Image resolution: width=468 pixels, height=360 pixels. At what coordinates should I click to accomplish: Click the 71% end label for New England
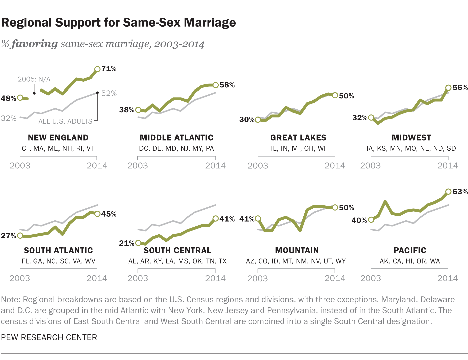[109, 69]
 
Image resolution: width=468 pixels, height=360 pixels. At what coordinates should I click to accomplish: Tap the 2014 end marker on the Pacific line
[448, 192]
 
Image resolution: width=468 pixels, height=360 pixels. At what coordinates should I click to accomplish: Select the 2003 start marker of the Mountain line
[258, 219]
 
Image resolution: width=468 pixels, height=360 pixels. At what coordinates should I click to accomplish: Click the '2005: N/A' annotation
[34, 79]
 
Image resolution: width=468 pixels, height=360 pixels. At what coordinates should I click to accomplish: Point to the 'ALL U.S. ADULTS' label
[66, 121]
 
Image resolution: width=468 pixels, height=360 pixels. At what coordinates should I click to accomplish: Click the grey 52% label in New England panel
[109, 93]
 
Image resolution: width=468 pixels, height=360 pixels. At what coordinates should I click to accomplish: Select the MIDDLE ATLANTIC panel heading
[177, 138]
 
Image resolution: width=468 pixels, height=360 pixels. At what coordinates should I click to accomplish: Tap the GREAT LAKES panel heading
[298, 138]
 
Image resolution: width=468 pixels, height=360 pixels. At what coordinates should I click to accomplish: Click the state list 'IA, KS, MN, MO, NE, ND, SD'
[411, 148]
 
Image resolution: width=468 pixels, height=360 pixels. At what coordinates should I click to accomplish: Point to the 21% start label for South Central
[126, 243]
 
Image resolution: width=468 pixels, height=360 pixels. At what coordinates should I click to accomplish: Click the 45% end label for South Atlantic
[109, 214]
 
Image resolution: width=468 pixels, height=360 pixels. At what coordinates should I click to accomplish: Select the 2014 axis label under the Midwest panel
[448, 165]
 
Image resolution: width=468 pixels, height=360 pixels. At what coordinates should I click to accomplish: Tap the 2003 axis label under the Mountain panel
[257, 278]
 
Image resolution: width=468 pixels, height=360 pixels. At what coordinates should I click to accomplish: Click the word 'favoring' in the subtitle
[35, 44]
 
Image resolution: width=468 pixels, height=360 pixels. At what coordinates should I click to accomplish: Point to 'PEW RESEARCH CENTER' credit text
[49, 337]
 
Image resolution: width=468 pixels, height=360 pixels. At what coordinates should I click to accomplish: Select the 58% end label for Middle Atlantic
[227, 85]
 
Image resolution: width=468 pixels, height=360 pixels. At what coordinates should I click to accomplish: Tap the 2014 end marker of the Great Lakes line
[335, 95]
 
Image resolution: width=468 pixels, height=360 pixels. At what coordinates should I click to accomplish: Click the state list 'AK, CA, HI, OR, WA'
[410, 261]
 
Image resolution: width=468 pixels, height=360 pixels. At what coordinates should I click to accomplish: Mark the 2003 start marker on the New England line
[20, 98]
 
